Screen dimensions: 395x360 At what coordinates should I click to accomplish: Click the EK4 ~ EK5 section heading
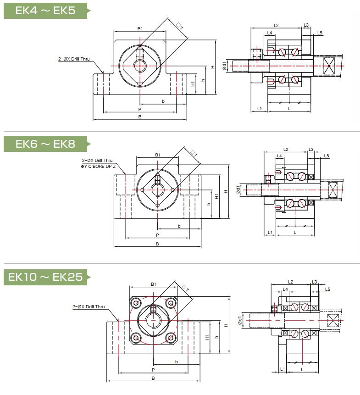point(45,10)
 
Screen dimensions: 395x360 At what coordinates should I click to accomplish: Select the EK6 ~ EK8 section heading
point(45,144)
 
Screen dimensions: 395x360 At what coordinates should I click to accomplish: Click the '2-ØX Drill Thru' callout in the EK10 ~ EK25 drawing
point(89,306)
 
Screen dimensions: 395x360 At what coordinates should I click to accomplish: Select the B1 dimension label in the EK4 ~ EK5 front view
point(140,28)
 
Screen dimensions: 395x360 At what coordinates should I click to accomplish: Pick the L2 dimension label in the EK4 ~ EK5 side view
point(276,25)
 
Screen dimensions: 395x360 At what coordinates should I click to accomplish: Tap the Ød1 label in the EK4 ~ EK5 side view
point(224,66)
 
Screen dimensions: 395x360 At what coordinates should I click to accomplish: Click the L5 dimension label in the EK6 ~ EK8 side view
point(327,156)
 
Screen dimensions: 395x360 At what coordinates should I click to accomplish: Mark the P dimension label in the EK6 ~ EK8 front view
point(157,234)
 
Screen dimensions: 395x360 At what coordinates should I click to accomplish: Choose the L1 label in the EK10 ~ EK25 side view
point(282,369)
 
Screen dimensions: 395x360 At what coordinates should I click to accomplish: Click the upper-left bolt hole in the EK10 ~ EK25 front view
point(136,303)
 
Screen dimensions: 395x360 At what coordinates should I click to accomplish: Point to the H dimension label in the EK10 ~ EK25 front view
point(226,325)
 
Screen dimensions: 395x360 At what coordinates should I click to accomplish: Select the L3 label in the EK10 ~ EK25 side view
point(314,282)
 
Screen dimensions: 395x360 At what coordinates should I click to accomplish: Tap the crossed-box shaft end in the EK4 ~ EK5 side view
point(330,66)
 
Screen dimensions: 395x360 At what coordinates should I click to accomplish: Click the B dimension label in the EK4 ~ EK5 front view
point(140,117)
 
